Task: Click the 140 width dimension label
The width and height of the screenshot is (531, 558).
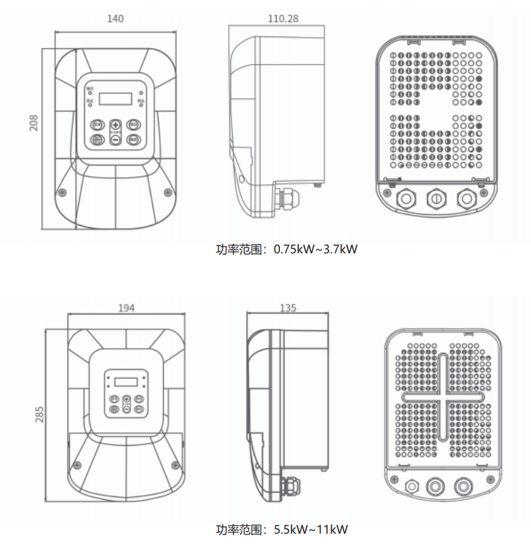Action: (x=115, y=19)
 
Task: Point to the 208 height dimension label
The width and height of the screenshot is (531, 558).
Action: (x=34, y=122)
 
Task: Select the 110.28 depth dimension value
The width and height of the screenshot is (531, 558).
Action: (x=283, y=19)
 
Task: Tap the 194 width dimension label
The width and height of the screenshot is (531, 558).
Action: (x=126, y=308)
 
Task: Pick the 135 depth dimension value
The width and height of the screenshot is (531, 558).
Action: (x=288, y=308)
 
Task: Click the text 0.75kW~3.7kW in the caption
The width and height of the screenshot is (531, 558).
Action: (x=315, y=249)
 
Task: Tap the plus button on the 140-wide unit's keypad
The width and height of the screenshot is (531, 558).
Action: (x=115, y=126)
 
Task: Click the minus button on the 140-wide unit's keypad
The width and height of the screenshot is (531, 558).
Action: (x=115, y=138)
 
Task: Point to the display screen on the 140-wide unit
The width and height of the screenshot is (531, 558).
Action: (x=116, y=99)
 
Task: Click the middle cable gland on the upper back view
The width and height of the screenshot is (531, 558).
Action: (x=436, y=199)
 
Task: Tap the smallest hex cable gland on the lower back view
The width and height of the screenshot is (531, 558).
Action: (x=408, y=486)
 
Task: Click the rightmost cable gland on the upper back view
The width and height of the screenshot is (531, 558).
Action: (x=466, y=199)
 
